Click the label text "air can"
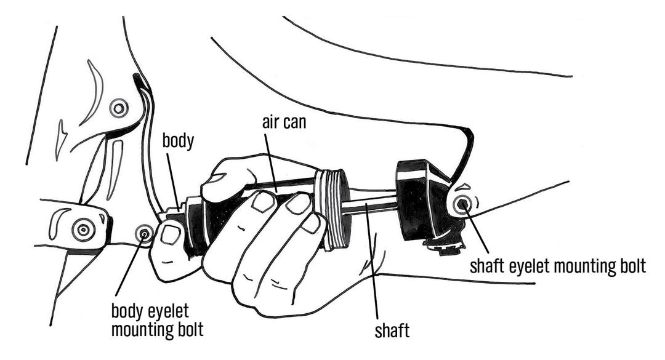(x=282, y=122)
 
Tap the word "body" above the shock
(x=178, y=141)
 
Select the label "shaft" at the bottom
(x=392, y=332)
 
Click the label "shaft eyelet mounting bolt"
(x=557, y=266)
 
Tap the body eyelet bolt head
(x=145, y=233)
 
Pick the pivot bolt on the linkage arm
(x=83, y=230)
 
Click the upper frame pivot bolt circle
(x=118, y=108)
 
